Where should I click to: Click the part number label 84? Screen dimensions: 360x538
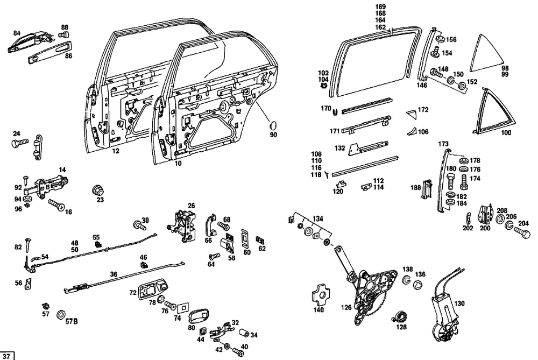click(17, 33)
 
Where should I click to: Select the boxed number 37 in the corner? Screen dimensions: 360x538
click(8, 356)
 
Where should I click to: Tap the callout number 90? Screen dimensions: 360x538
click(273, 135)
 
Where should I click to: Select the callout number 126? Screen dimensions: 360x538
click(346, 307)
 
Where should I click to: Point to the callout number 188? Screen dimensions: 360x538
click(415, 187)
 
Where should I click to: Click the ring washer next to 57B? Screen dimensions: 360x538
click(60, 314)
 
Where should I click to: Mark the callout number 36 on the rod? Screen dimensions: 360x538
click(114, 274)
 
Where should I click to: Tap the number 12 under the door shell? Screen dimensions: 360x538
click(115, 151)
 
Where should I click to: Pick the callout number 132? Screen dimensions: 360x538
click(339, 147)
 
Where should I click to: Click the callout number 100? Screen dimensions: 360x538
click(506, 132)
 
